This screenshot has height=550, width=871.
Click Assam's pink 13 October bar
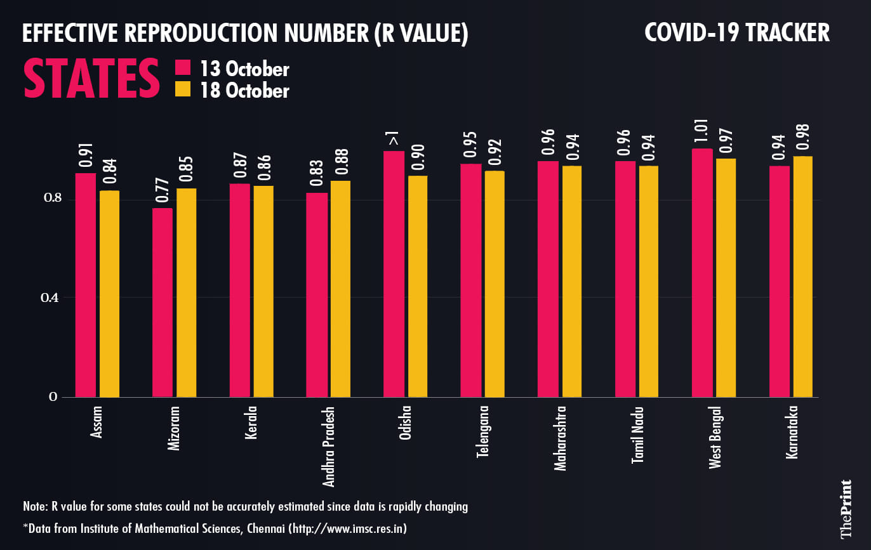86,285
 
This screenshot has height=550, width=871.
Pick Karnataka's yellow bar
802,277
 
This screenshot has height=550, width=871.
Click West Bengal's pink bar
702,273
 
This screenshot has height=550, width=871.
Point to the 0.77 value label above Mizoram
163,191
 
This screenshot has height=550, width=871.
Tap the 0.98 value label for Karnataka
802,140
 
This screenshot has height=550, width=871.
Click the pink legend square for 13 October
183,69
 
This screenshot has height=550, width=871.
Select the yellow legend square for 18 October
183,90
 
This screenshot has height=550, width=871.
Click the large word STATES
92,79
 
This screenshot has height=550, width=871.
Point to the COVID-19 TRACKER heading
736,32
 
